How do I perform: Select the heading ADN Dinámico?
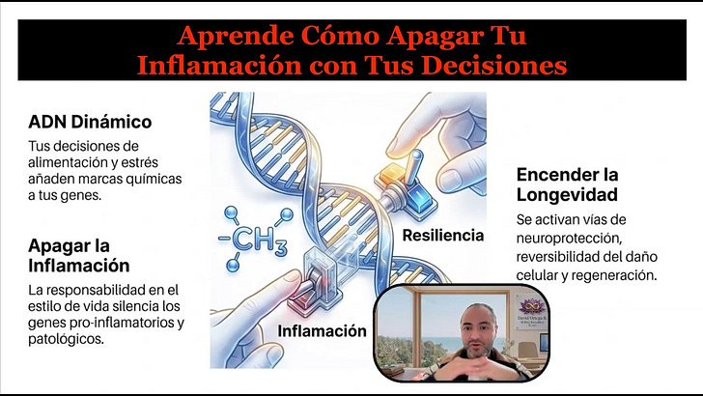coord(90,123)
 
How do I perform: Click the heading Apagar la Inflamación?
coord(80,254)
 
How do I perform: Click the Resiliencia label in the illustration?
coord(444,235)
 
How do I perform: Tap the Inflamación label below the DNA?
coord(323,331)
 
